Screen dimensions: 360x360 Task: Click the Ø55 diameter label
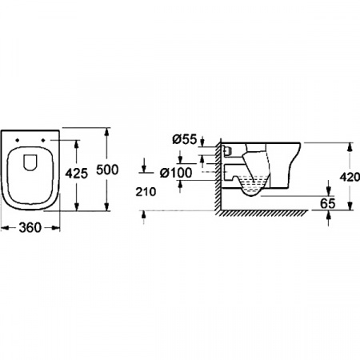pyautogui.click(x=183, y=139)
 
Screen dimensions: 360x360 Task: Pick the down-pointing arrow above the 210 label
pyautogui.click(x=143, y=170)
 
